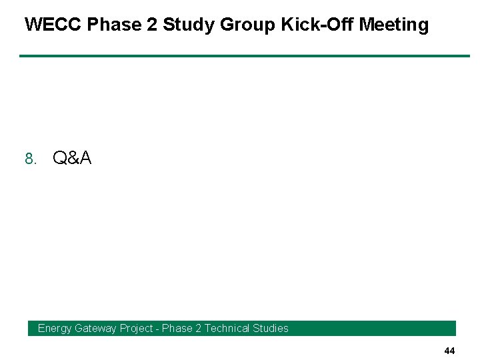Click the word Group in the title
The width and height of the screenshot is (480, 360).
pos(247,25)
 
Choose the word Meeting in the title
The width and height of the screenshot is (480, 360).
pos(393,25)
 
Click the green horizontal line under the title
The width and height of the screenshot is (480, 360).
pos(244,56)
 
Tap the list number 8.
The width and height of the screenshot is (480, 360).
pos(29,159)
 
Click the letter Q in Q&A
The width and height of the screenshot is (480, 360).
pos(59,158)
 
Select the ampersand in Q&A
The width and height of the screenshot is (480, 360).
pos(72,158)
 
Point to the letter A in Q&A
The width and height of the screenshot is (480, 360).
pos(85,158)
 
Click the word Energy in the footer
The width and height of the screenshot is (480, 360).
pos(55,328)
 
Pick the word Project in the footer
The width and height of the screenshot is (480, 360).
pos(137,328)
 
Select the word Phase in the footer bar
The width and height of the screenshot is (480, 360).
pos(177,328)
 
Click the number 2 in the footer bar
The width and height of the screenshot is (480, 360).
pos(199,328)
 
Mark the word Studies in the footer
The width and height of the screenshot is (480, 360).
pos(272,328)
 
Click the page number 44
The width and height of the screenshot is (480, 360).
pos(449,351)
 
